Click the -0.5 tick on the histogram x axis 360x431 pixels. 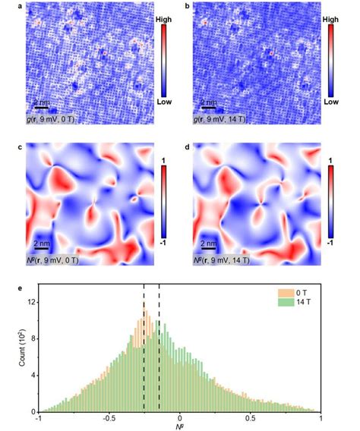coord(109,420)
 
